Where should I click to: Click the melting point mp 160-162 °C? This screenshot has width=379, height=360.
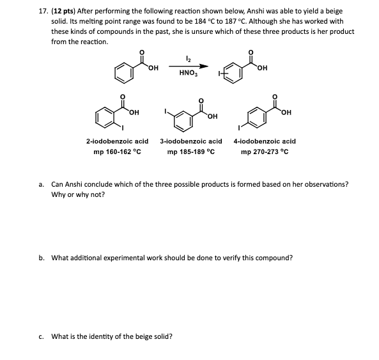coord(117,152)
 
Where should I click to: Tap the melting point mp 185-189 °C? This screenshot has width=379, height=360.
coord(190,152)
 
